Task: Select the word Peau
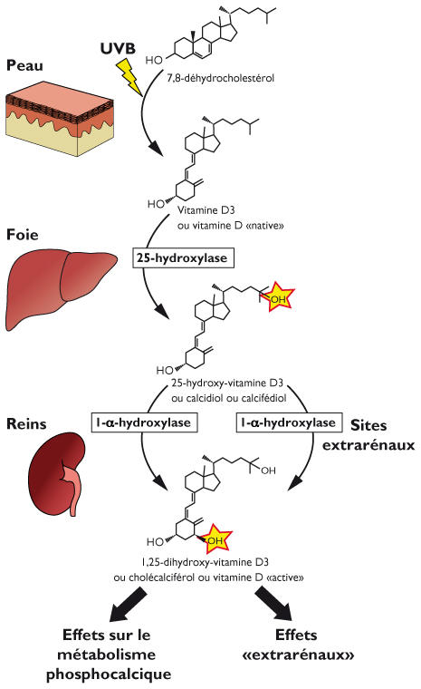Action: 25,68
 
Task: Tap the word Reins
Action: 28,424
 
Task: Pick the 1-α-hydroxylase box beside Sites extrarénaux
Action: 287,423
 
